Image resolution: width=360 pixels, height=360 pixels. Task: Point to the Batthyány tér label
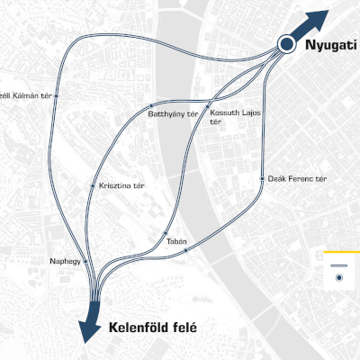coord(172,114)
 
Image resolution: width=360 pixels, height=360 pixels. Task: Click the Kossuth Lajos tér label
coord(229,118)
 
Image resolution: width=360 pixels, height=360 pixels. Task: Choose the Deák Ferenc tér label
coord(297,179)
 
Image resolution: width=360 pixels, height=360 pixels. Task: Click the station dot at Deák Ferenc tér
coord(262,177)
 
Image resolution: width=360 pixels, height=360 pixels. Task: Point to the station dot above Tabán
coord(169,233)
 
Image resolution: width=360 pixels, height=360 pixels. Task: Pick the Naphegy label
coord(65,261)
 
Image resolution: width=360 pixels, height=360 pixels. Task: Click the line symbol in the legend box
coord(338,267)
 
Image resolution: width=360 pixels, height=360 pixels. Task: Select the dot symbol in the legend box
coord(338,279)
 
